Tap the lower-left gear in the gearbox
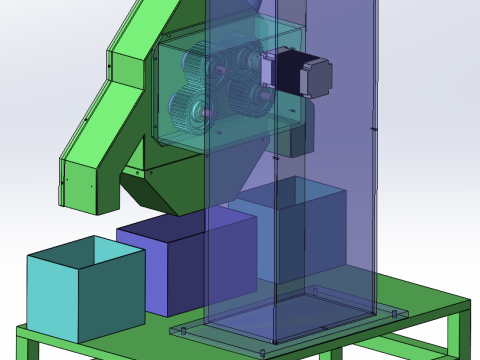point(190,109)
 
